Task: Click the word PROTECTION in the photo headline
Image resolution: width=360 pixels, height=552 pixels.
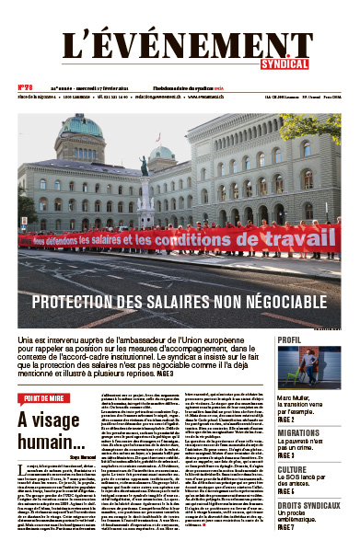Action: coord(76,303)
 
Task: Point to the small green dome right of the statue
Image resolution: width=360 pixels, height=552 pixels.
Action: coord(162,153)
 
